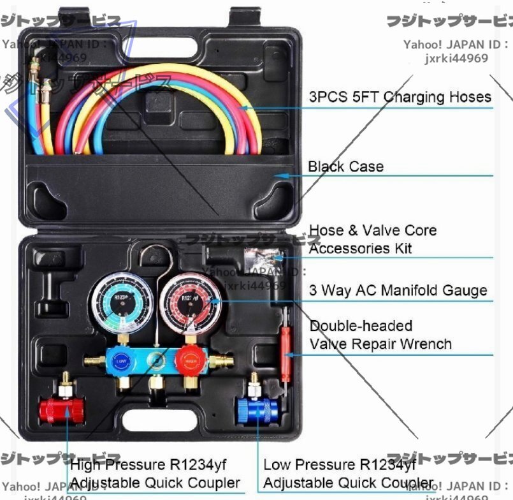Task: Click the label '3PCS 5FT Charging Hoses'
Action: click(400, 97)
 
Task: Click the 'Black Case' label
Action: click(346, 166)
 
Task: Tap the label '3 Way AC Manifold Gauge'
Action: click(398, 291)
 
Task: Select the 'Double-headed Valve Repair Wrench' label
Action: click(380, 335)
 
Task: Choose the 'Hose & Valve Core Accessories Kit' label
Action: click(373, 239)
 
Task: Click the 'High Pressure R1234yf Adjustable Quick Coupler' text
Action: click(155, 473)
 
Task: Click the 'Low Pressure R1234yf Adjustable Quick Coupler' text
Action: click(348, 473)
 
